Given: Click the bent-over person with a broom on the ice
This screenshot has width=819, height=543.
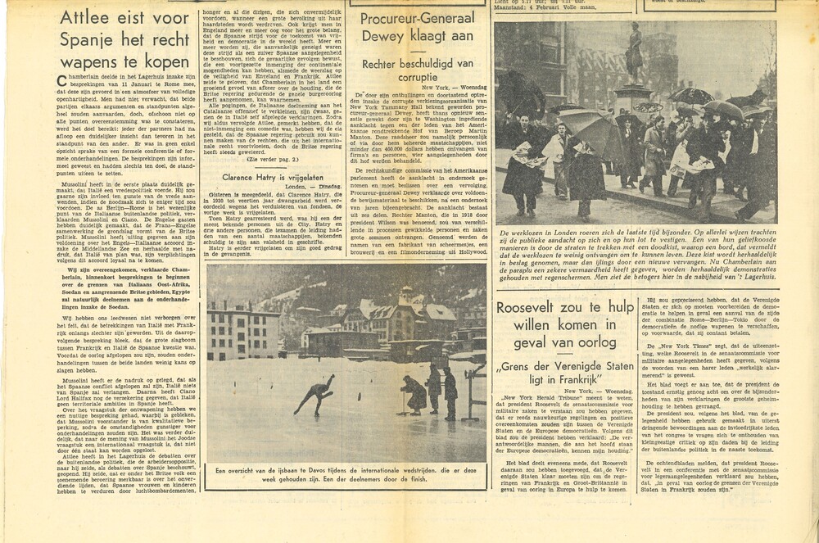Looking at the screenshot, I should (x=414, y=393).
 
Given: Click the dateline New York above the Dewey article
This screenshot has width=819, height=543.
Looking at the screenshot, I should (x=440, y=86).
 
